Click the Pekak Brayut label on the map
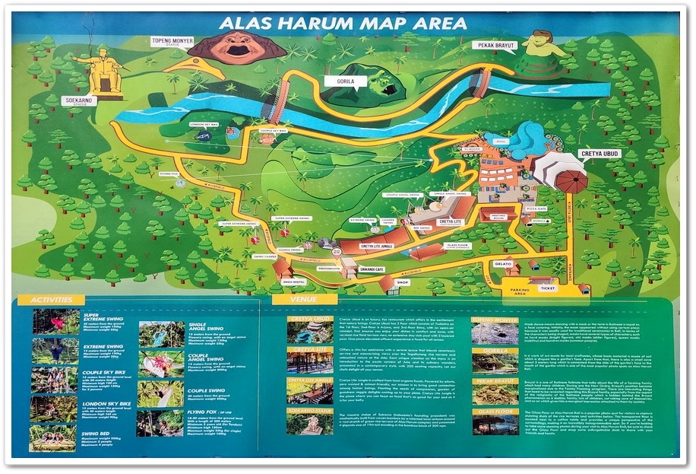pyautogui.click(x=495, y=46)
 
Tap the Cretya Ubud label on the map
pyautogui.click(x=600, y=154)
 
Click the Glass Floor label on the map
pyautogui.click(x=458, y=245)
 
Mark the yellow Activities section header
pyautogui.click(x=51, y=300)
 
